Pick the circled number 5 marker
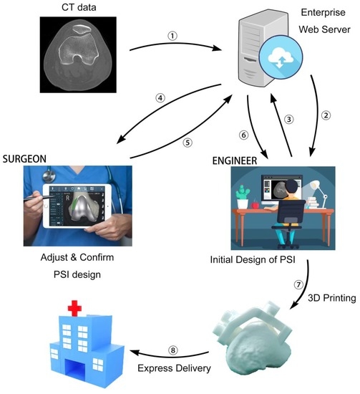pyautogui.click(x=188, y=142)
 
